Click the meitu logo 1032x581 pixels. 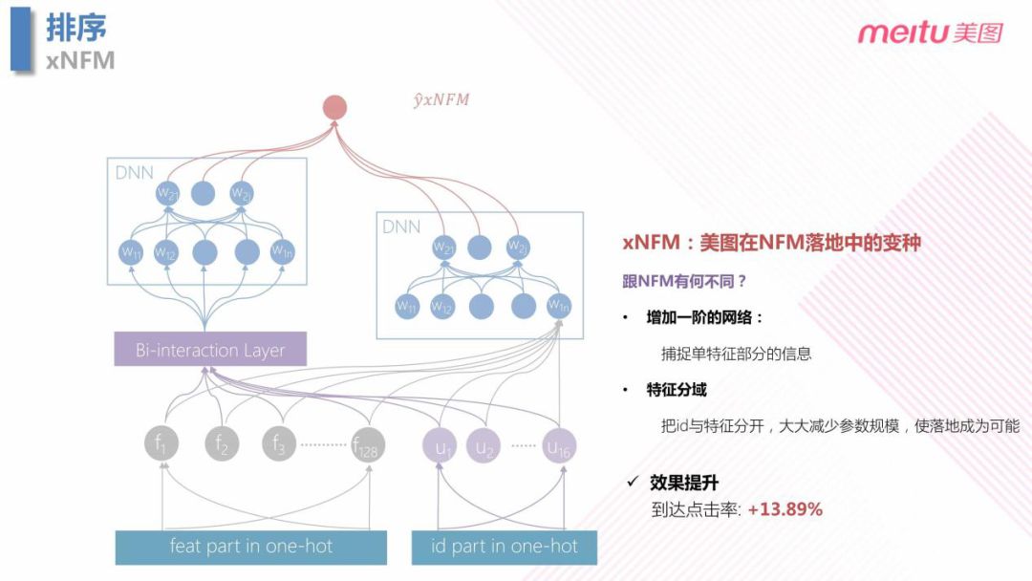930,33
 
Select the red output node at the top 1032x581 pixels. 334,107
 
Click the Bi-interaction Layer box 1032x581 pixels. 210,350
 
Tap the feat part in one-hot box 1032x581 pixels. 251,547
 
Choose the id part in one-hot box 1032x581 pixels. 505,547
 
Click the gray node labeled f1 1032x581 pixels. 162,444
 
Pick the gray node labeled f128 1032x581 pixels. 368,444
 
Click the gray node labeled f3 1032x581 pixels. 279,444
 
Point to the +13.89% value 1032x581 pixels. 785,509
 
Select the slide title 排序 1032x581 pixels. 76,27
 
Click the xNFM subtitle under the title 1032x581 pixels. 80,60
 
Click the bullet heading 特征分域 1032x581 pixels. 677,390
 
